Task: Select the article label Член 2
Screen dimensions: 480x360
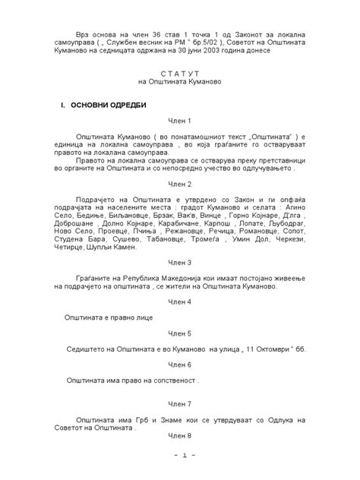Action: coord(180,185)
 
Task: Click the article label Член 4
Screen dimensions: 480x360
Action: coord(180,302)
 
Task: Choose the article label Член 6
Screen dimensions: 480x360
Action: coord(180,365)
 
